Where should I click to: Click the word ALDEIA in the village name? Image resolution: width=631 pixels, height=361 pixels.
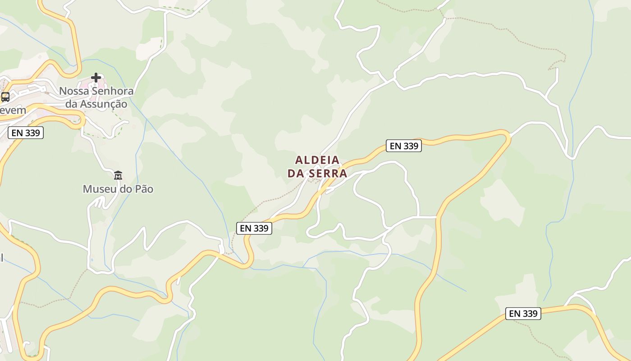(x=317, y=160)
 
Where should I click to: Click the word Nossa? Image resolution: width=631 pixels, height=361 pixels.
(x=74, y=91)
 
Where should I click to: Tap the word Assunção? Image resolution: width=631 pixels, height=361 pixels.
(x=103, y=104)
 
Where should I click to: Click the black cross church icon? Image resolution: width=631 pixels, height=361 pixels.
(x=96, y=78)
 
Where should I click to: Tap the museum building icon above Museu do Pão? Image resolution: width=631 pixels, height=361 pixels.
(x=118, y=175)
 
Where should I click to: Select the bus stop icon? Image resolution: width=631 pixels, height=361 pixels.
(x=5, y=97)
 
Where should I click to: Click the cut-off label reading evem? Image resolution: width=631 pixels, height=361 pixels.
(x=13, y=110)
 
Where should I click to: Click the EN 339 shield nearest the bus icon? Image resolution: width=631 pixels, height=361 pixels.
(x=26, y=133)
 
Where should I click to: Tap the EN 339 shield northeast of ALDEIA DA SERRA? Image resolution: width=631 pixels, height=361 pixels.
(x=403, y=146)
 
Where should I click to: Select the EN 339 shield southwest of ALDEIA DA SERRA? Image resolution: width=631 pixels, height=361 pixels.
(x=254, y=228)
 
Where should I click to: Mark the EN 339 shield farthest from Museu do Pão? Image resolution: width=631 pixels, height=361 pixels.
(x=523, y=314)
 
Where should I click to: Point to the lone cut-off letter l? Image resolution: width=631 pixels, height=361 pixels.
(x=1, y=258)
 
